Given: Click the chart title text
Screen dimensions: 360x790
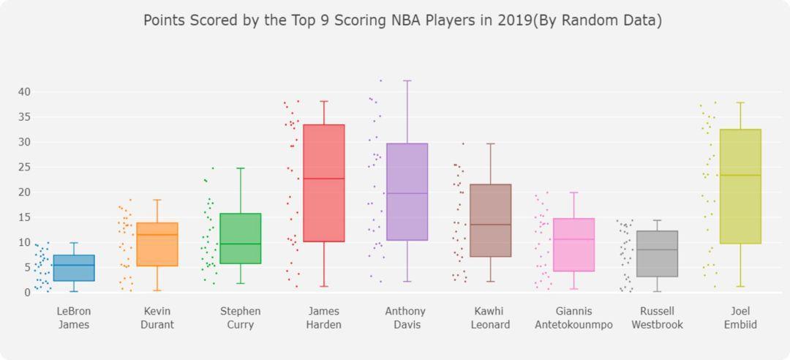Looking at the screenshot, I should click(x=402, y=20).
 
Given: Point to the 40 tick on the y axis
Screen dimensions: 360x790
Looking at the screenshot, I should click(x=24, y=91).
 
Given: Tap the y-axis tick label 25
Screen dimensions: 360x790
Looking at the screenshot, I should click(x=24, y=167).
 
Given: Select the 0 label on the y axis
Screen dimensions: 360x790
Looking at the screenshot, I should click(x=27, y=293).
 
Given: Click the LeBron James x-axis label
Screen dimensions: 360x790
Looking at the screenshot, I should click(x=74, y=318).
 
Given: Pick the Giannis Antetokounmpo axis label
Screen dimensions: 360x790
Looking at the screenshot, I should click(x=573, y=318).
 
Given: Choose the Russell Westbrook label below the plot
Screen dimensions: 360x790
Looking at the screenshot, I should click(x=657, y=318).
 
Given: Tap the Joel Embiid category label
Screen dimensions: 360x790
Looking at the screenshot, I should click(x=740, y=318).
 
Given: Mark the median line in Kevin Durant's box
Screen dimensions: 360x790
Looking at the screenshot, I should click(x=157, y=235).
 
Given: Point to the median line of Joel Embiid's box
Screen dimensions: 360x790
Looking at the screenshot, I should click(x=740, y=175).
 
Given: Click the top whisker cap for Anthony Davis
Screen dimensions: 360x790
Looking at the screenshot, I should click(x=407, y=80).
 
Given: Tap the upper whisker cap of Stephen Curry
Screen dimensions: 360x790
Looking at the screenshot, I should click(x=241, y=168).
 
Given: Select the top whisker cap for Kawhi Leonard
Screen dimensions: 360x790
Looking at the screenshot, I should click(x=491, y=143).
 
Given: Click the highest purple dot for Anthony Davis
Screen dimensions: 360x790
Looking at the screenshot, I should click(x=380, y=80).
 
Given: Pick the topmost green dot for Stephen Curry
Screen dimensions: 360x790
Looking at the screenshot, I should click(x=213, y=168).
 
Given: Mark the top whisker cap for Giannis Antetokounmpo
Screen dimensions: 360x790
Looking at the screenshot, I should click(x=574, y=192).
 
